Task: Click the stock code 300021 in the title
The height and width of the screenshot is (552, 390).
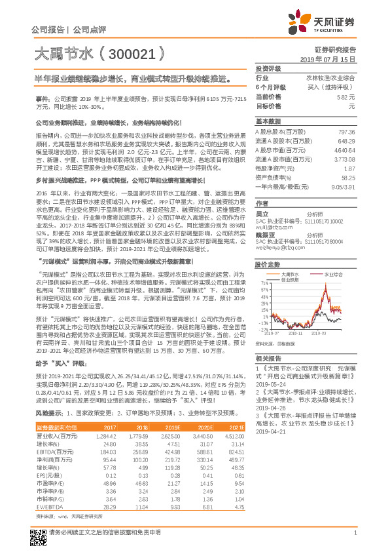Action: point(118,54)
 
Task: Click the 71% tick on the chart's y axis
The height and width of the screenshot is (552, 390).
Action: point(263,284)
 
